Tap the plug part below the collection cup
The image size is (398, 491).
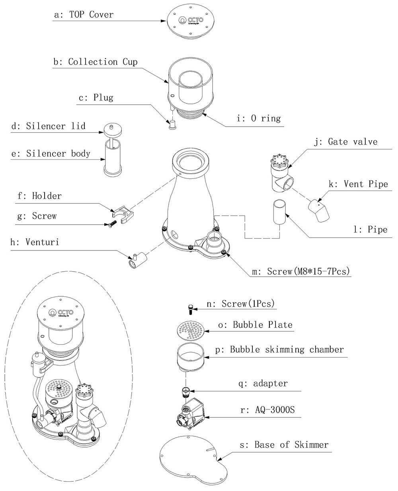click(172, 125)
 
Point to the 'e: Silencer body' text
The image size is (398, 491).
click(51, 154)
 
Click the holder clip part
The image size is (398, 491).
click(123, 214)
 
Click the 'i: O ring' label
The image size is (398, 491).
click(259, 118)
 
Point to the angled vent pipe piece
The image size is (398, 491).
click(319, 211)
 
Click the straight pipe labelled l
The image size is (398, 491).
click(280, 211)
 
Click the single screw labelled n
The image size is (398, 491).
click(191, 309)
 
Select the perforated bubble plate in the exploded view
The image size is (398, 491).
click(191, 331)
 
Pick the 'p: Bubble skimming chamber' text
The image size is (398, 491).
click(279, 350)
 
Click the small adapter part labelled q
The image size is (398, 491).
click(185, 392)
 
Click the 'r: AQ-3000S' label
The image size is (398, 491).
click(267, 410)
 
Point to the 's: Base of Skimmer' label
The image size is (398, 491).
click(284, 445)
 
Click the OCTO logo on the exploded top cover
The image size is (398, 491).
click(191, 21)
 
